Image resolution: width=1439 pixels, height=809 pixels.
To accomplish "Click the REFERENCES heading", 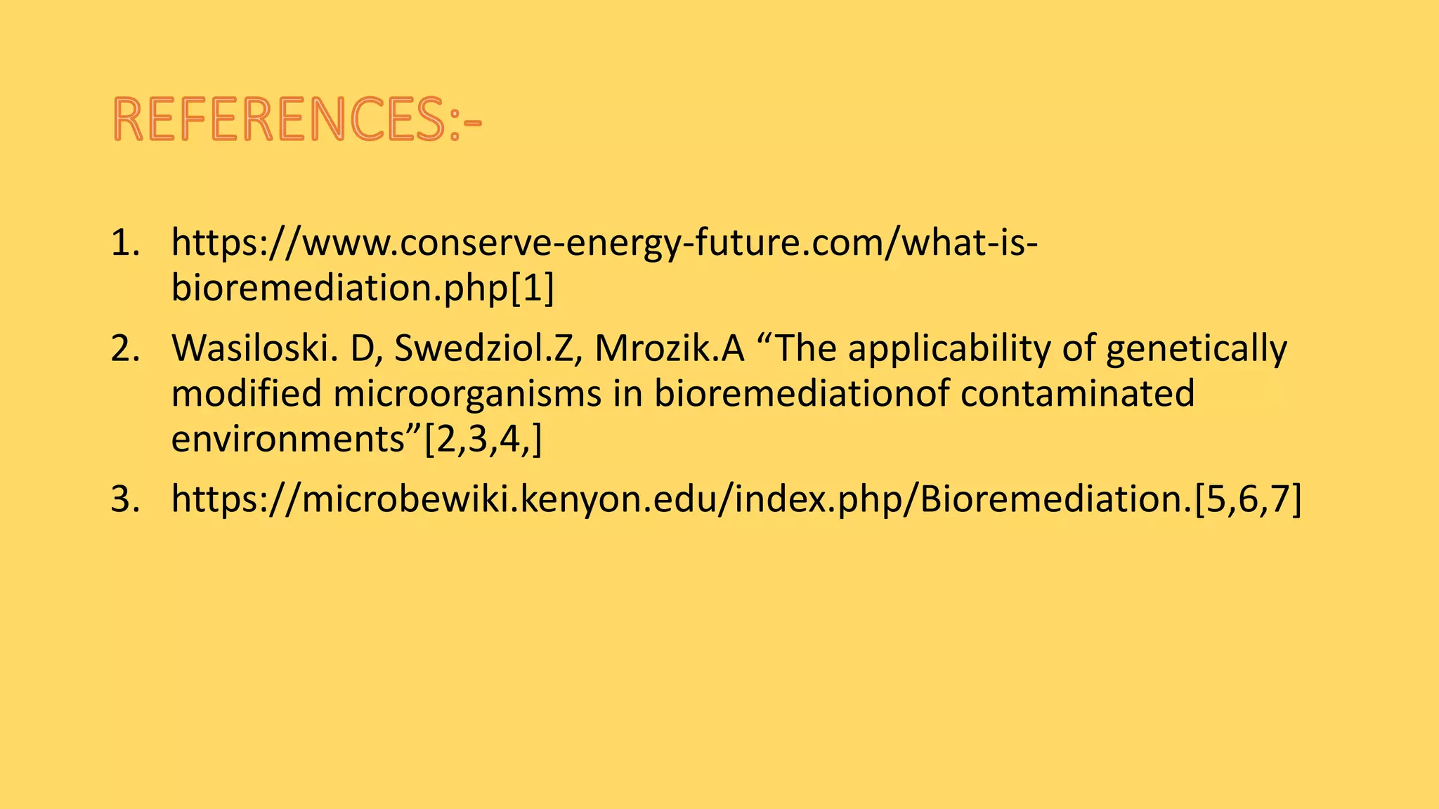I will [297, 119].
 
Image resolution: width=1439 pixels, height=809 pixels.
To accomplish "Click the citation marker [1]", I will [532, 288].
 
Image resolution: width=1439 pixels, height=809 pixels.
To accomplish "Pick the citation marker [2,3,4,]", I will [483, 440].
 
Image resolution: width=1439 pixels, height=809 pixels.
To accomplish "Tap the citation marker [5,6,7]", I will [1248, 499].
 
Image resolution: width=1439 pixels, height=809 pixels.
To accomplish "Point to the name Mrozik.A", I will [669, 348].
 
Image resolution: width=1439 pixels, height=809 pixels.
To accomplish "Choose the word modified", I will [246, 393].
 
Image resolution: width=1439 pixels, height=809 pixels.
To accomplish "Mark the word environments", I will [289, 440].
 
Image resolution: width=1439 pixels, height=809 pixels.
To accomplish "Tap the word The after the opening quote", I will [805, 348].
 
